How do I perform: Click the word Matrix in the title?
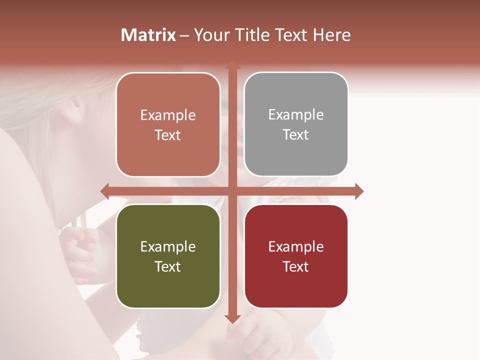click(148, 35)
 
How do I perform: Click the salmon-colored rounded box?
click(168, 124)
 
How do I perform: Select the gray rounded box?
click(296, 124)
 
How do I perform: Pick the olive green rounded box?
click(168, 256)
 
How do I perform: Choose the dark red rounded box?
click(296, 256)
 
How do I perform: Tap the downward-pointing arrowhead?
click(232, 318)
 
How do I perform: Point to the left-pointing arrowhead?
click(104, 191)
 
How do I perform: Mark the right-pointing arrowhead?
click(359, 191)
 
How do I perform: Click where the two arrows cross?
click(232, 191)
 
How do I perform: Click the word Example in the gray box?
click(296, 114)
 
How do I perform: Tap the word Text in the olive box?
click(168, 266)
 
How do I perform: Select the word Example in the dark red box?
click(296, 246)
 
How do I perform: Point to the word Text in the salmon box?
click(168, 135)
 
